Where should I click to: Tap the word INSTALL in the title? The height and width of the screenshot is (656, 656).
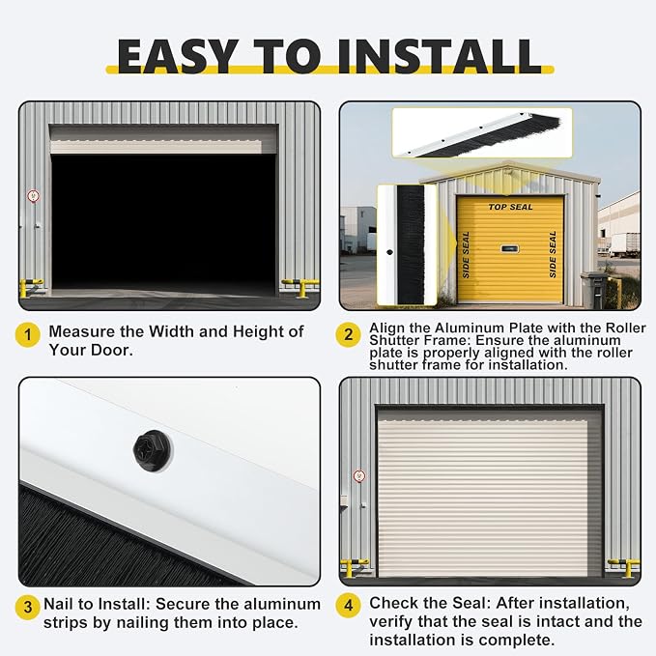pyautogui.click(x=440, y=56)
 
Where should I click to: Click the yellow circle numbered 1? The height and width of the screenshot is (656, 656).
pyautogui.click(x=28, y=335)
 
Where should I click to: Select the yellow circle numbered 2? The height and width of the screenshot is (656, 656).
pyautogui.click(x=348, y=334)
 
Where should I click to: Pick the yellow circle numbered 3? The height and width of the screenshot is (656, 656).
pyautogui.click(x=28, y=607)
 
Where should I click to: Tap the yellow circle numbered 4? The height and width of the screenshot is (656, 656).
pyautogui.click(x=348, y=605)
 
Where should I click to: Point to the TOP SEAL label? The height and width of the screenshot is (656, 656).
pyautogui.click(x=510, y=207)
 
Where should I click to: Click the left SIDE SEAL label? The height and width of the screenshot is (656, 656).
pyautogui.click(x=466, y=255)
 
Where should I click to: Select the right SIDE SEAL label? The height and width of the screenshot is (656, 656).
pyautogui.click(x=553, y=254)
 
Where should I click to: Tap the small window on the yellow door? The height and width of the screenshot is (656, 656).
pyautogui.click(x=510, y=249)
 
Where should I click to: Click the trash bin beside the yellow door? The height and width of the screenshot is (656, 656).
pyautogui.click(x=593, y=290)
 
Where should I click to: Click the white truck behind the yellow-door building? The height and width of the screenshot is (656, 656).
pyautogui.click(x=625, y=245)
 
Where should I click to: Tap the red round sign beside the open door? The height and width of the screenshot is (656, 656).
pyautogui.click(x=34, y=195)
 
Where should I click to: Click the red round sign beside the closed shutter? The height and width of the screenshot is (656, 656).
pyautogui.click(x=359, y=476)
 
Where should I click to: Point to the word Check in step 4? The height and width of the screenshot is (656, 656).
pyautogui.click(x=392, y=603)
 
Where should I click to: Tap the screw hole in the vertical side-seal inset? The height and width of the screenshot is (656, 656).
pyautogui.click(x=389, y=252)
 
